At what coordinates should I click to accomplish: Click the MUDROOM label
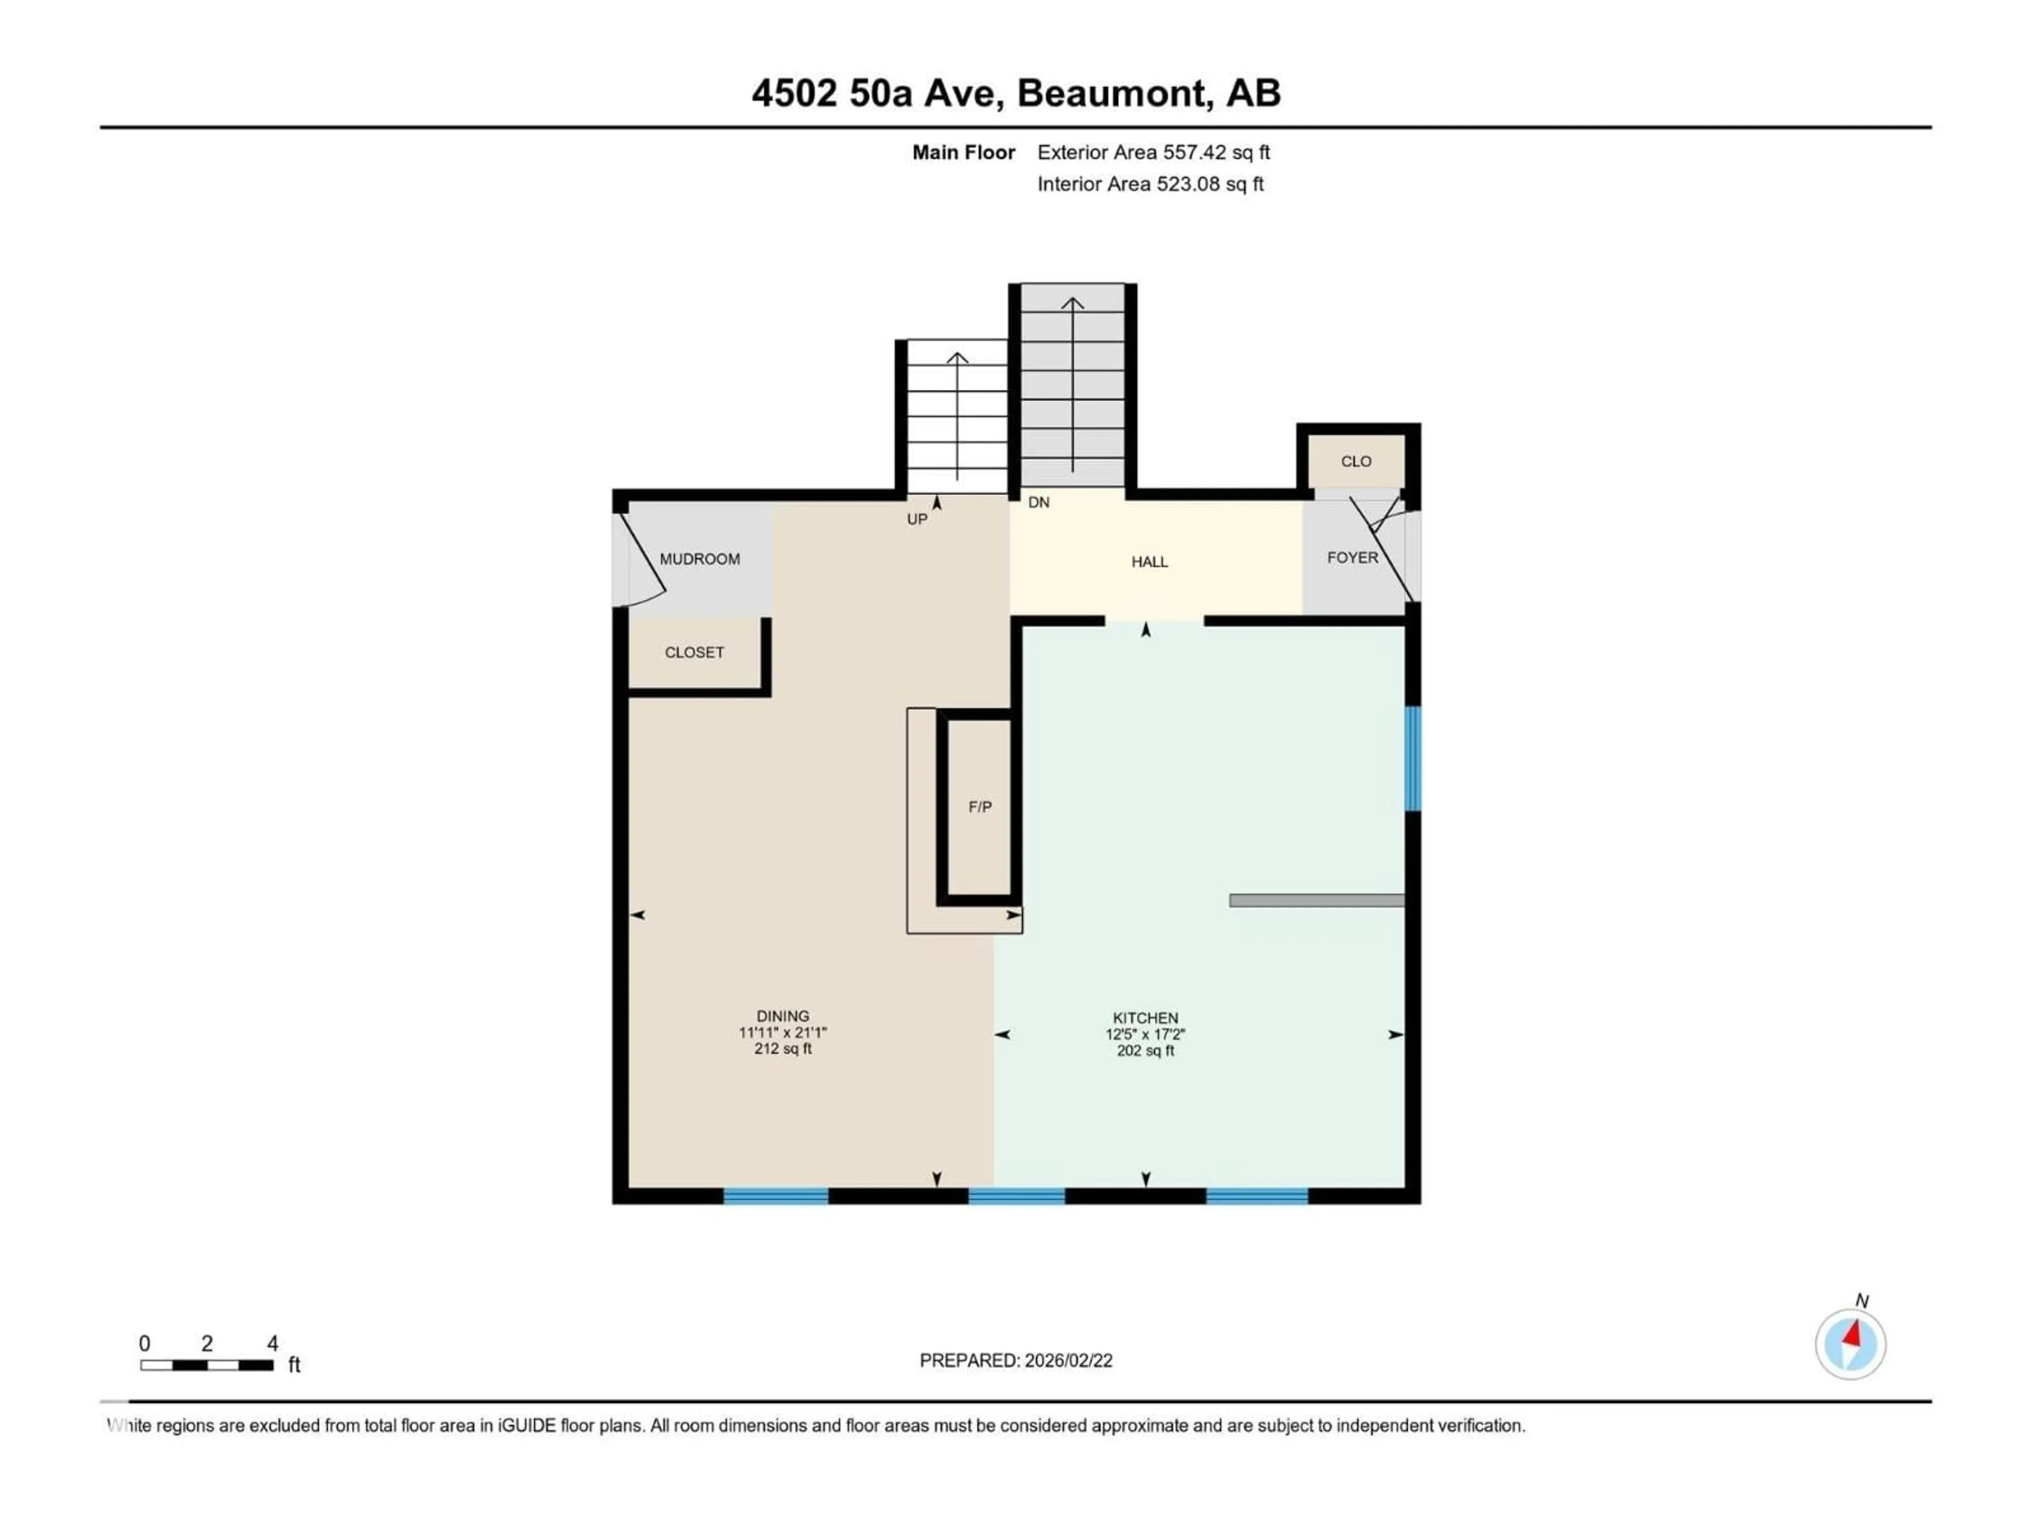click(699, 559)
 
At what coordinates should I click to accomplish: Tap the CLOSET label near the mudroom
click(694, 653)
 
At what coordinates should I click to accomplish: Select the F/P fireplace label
click(980, 807)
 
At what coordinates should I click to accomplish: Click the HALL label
click(1149, 562)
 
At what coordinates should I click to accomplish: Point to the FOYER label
click(1352, 558)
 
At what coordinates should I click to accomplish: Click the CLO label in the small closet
click(1356, 461)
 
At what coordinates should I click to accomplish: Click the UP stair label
click(916, 519)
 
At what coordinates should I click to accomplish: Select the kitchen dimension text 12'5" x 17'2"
click(1145, 1034)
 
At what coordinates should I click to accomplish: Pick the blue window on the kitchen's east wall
click(1413, 758)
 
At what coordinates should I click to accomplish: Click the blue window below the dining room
click(776, 1196)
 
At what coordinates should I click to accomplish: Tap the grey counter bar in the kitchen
click(1316, 901)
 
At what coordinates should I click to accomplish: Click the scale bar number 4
click(272, 1344)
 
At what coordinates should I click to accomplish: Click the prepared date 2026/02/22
click(1066, 1360)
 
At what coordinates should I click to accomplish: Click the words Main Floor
click(962, 152)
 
